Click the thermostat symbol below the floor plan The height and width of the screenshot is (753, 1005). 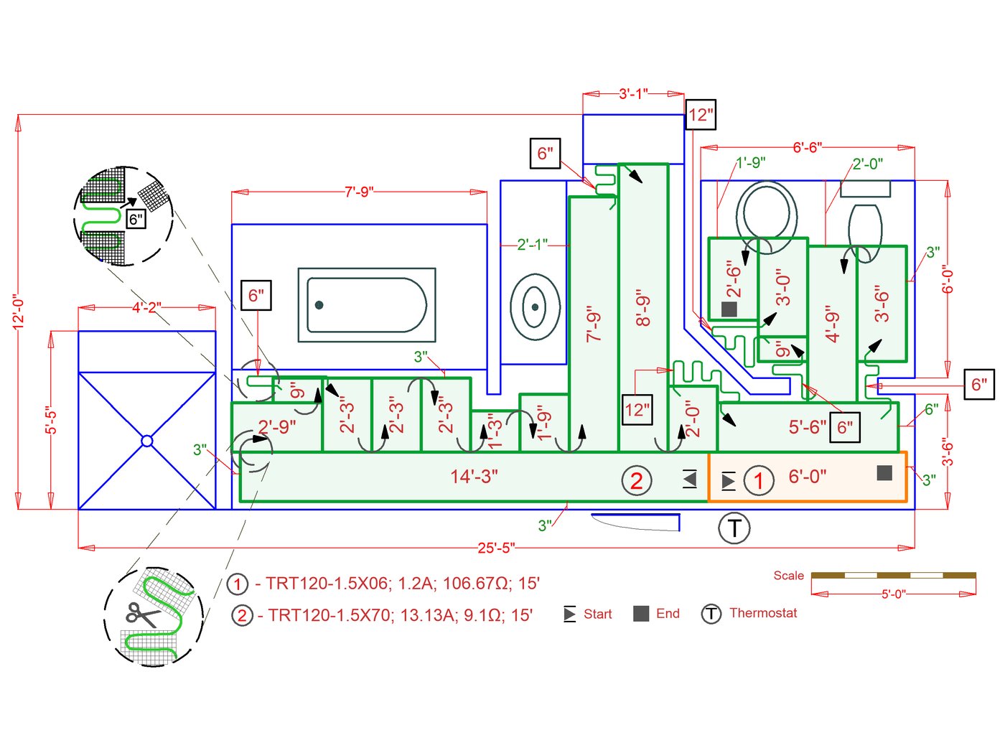(x=734, y=528)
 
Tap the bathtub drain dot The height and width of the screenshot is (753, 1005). (x=319, y=305)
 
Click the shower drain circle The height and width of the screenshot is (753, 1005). (x=147, y=441)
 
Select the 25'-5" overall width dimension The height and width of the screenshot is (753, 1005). (x=496, y=548)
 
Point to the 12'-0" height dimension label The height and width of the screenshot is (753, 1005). (x=19, y=312)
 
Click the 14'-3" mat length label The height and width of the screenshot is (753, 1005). (x=474, y=477)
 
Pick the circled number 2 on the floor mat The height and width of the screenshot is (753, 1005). (x=637, y=481)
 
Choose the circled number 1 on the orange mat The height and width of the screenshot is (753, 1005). (x=759, y=481)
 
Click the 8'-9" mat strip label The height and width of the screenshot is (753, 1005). (x=643, y=308)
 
